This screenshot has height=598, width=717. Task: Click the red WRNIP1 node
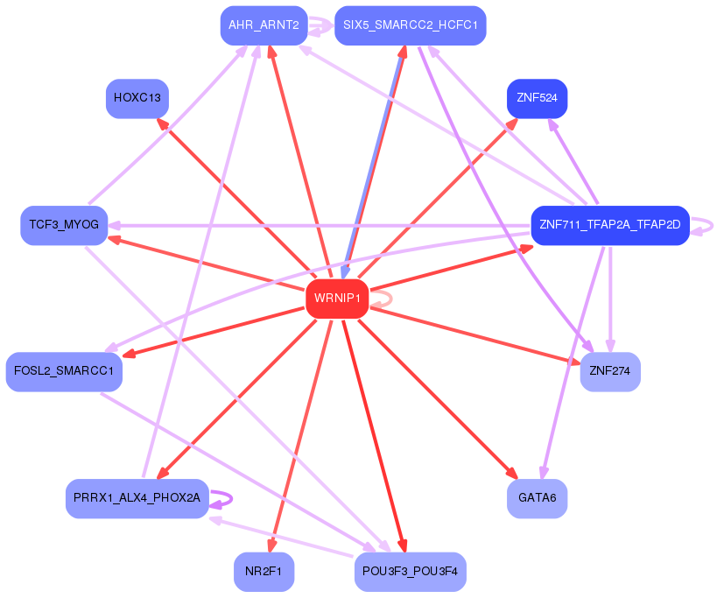(x=336, y=299)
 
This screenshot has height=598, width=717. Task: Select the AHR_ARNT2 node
(x=264, y=25)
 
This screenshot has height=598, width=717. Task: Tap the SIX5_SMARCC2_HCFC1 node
(x=410, y=25)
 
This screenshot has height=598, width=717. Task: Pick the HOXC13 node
(x=137, y=98)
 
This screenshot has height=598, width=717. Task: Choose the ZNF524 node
(x=537, y=98)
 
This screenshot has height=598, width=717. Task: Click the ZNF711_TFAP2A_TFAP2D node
(x=609, y=225)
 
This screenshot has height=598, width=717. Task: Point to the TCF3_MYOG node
(x=64, y=225)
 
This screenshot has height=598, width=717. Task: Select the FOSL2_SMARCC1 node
(x=64, y=371)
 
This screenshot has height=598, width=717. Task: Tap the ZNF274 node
(x=609, y=371)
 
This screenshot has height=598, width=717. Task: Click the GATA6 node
(x=537, y=498)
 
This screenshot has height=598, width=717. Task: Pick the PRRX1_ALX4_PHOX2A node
(x=137, y=498)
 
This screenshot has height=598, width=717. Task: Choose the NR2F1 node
(x=264, y=572)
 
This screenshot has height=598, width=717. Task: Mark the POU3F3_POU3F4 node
(x=410, y=572)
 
